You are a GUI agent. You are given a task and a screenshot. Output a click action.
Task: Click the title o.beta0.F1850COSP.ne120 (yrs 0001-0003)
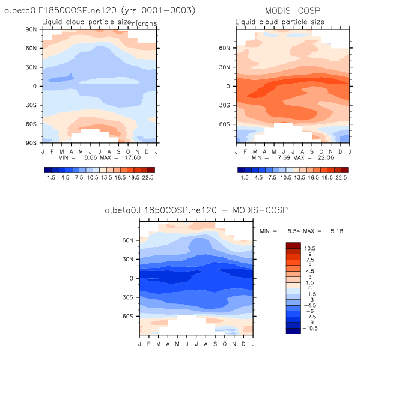100,11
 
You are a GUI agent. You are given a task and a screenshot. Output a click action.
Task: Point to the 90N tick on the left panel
31,29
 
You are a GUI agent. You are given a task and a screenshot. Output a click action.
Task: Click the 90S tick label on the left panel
31,143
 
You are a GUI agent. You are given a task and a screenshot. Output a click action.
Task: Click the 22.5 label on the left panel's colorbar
148,178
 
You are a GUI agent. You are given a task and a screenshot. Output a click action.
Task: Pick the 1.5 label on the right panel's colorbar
244,178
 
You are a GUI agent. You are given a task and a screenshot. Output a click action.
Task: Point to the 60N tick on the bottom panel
127,240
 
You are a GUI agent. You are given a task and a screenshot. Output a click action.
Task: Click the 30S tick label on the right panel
225,105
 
